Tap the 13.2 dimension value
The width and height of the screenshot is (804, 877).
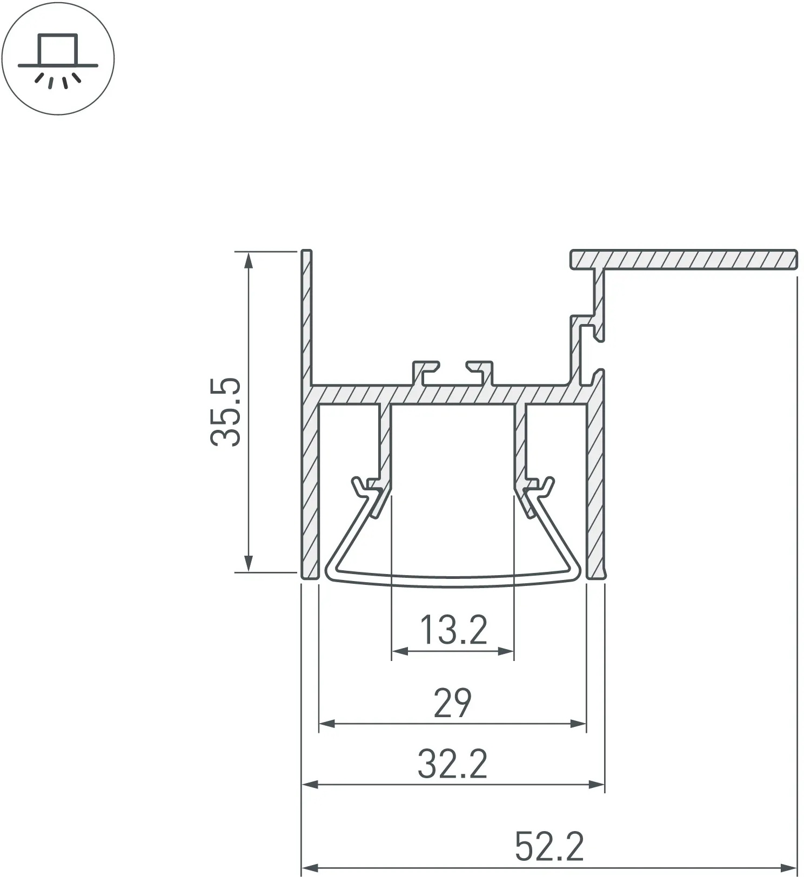pyautogui.click(x=453, y=630)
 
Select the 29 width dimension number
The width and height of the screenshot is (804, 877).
pyautogui.click(x=453, y=703)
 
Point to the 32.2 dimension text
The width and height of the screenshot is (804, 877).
pyautogui.click(x=453, y=763)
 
